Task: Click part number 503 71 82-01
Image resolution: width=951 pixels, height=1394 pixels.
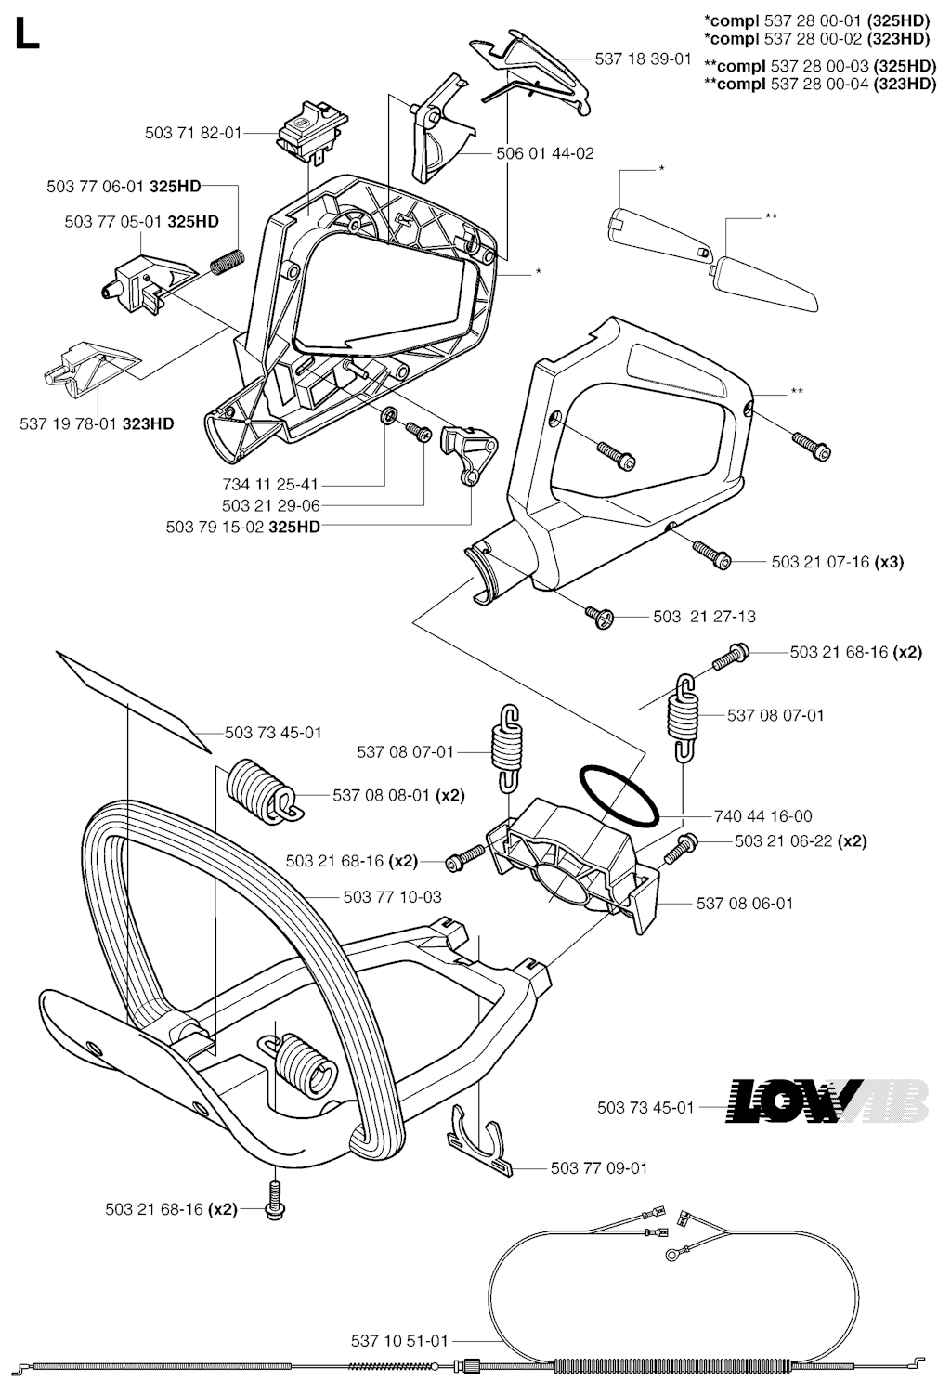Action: pyautogui.click(x=193, y=133)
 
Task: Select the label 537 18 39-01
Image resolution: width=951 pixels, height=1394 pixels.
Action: pyautogui.click(x=643, y=59)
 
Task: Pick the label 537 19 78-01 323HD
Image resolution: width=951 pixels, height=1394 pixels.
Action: pyautogui.click(x=97, y=424)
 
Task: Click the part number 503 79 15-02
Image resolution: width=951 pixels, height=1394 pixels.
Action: pyautogui.click(x=216, y=527)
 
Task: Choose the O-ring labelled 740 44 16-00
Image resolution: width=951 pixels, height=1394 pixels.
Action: pyautogui.click(x=619, y=795)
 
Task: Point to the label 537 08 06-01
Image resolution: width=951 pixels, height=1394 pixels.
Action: pyautogui.click(x=745, y=903)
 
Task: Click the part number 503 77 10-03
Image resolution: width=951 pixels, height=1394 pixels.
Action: pyautogui.click(x=392, y=897)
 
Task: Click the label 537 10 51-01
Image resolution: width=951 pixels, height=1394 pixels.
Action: pyautogui.click(x=399, y=1341)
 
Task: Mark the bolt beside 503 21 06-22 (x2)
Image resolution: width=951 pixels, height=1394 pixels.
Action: pyautogui.click(x=684, y=844)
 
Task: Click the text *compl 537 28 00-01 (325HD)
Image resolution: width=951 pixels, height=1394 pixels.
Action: pyautogui.click(x=817, y=20)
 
